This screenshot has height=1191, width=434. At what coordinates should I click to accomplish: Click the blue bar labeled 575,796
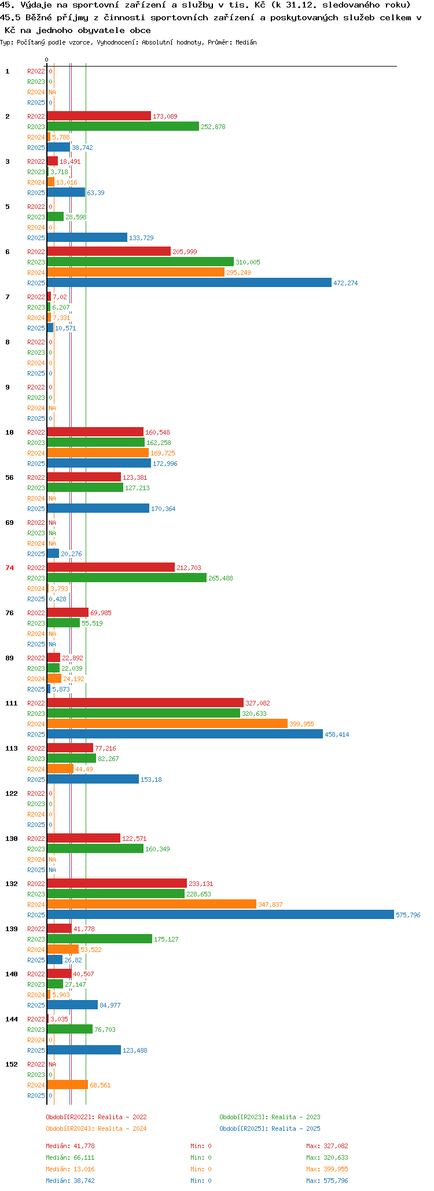click(220, 915)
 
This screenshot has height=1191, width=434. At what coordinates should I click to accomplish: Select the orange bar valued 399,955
click(167, 724)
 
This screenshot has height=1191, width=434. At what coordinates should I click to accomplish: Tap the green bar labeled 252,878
click(123, 127)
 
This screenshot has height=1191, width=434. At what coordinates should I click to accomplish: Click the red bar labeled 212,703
click(111, 568)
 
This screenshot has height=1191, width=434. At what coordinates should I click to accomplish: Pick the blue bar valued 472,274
click(189, 283)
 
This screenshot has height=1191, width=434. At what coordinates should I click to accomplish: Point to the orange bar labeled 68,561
click(68, 1085)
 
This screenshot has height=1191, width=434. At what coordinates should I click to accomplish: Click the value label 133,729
click(142, 238)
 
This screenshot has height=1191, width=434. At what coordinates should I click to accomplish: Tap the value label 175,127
click(167, 939)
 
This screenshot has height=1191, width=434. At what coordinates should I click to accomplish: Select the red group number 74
click(9, 568)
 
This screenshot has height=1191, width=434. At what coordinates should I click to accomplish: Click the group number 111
click(12, 703)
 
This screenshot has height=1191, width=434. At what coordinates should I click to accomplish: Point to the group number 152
click(12, 1064)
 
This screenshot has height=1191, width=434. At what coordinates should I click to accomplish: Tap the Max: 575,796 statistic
click(327, 1181)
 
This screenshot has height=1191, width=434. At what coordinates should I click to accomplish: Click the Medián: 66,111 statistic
click(70, 1157)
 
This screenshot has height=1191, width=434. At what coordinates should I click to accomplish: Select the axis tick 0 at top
click(47, 60)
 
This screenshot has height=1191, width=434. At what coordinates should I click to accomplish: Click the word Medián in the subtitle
click(246, 42)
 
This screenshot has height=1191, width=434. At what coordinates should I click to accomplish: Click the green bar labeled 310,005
click(141, 262)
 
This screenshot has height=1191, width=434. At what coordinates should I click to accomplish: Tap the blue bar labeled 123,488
click(84, 1050)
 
